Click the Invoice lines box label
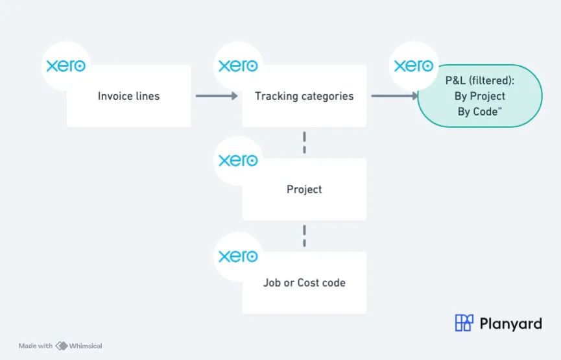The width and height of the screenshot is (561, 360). pos(129,96)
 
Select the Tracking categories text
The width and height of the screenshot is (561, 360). pos(304,96)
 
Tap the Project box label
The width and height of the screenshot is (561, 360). pos(304,189)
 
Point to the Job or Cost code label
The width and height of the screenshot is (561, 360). pos(304,283)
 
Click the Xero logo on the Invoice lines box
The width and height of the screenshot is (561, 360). pos(66,66)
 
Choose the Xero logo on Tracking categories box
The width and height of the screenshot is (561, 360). pos(238,66)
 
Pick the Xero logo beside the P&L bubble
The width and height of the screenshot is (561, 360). pos(414,66)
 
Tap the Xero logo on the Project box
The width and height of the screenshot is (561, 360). pos(238,160)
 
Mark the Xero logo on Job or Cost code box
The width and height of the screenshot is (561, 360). pos(238,256)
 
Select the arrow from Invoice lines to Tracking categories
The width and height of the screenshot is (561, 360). pos(217,96)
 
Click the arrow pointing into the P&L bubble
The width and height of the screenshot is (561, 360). pos(394,96)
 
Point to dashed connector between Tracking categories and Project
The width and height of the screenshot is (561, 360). pos(304,143)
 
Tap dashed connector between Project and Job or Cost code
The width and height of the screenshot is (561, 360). pos(304,236)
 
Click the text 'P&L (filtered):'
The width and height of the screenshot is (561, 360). pos(480,80)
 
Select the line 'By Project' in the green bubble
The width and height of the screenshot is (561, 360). pos(480,96)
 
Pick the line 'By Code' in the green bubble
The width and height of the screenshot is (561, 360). pos(480,112)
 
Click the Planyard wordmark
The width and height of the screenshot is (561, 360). pos(510,324)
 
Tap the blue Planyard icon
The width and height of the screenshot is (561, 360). pos(464,323)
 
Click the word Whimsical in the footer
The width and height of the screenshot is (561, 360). pos(86,346)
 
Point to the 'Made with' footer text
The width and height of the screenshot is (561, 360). pos(36,346)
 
